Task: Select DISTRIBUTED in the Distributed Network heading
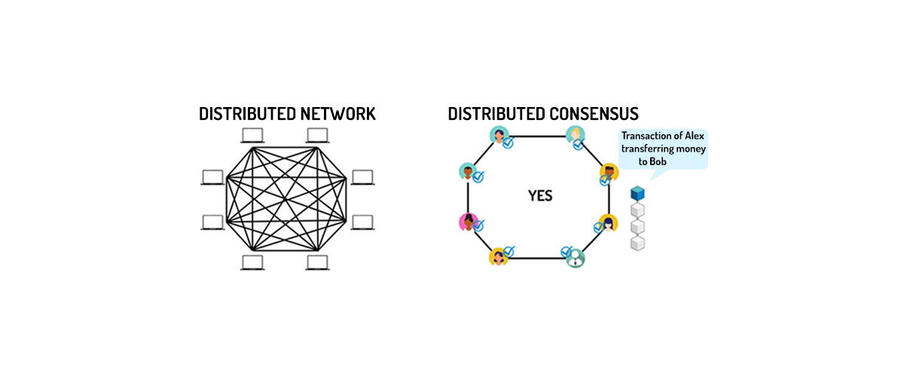pyautogui.click(x=240, y=114)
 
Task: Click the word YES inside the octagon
pyautogui.click(x=539, y=196)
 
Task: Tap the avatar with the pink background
pyautogui.click(x=467, y=222)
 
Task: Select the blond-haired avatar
pyautogui.click(x=576, y=134)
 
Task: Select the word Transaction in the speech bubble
pyautogui.click(x=646, y=136)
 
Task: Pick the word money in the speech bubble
pyautogui.click(x=690, y=149)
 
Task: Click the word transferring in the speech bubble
pyautogui.click(x=647, y=149)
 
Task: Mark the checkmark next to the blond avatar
pyautogui.click(x=579, y=144)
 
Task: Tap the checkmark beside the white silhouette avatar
pyautogui.click(x=567, y=251)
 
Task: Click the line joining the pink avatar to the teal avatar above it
pyautogui.click(x=468, y=197)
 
